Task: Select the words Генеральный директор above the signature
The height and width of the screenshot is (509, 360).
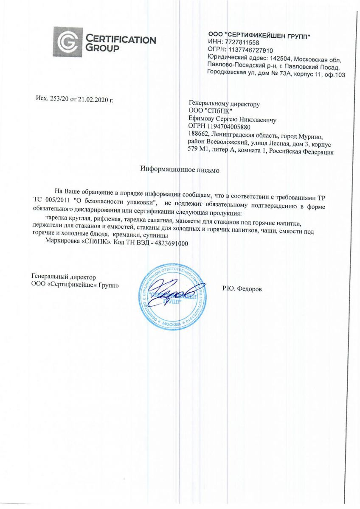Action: pos(64,277)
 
